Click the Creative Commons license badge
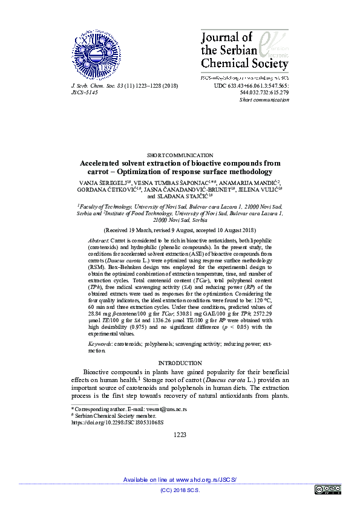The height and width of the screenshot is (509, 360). (x=326, y=489)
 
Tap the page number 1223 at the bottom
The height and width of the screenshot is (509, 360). (x=180, y=435)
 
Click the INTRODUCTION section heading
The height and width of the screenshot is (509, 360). (x=180, y=363)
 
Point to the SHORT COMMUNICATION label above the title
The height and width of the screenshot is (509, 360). (x=180, y=156)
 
